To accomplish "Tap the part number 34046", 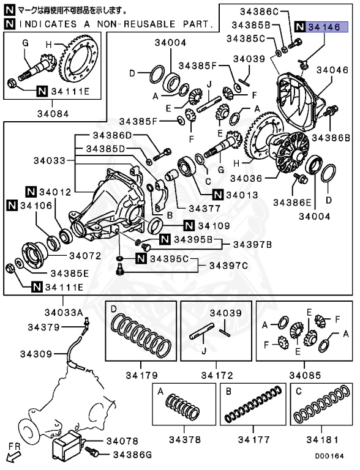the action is (x=332, y=70).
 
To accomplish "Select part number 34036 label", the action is (x=246, y=179).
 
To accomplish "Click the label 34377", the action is (x=204, y=208).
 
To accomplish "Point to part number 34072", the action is (x=85, y=256).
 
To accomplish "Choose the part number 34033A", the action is (x=64, y=312).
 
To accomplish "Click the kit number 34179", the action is (x=141, y=375).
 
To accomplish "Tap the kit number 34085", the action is (x=305, y=375).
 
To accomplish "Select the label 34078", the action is (x=122, y=441).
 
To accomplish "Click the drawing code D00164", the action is (x=329, y=456).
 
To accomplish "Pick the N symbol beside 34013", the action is (x=218, y=195).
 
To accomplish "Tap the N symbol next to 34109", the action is (x=189, y=225).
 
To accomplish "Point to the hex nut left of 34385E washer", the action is (x=10, y=267).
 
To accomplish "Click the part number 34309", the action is (x=36, y=354).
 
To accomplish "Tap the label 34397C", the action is (x=228, y=266).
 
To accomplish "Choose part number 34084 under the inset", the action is (x=53, y=114).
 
